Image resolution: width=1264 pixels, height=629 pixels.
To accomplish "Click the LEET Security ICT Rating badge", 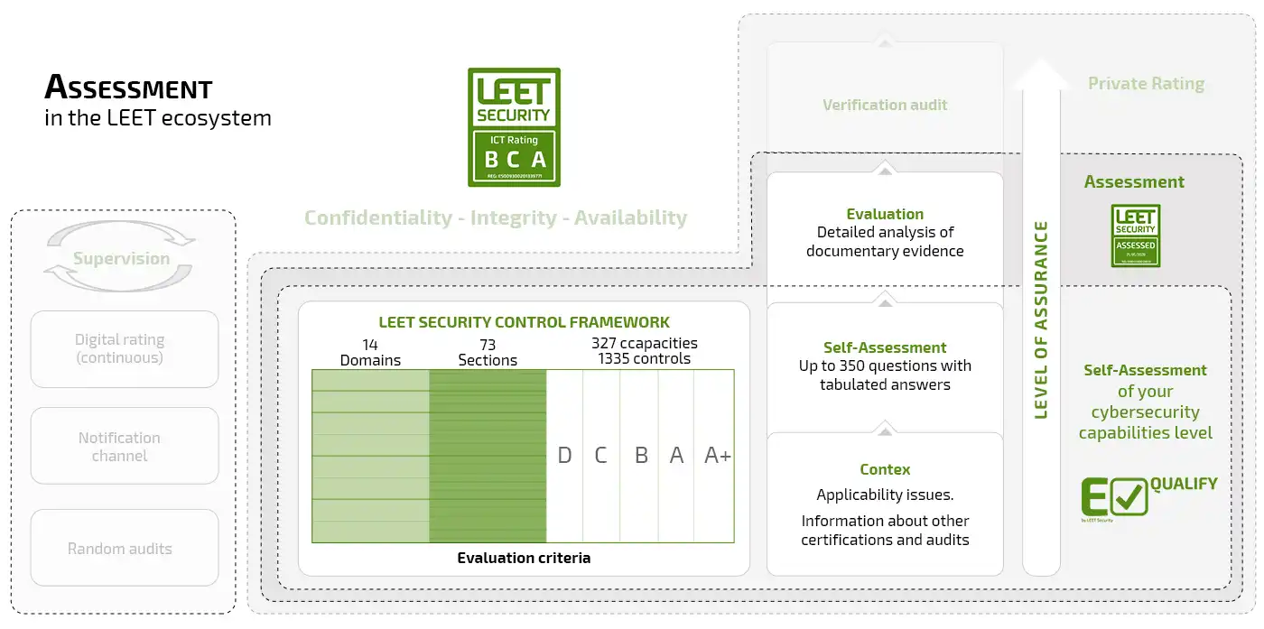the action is point(514,127).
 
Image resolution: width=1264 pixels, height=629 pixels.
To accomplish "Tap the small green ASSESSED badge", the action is point(1135,236).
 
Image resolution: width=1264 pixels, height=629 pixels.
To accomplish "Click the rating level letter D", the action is point(564,456).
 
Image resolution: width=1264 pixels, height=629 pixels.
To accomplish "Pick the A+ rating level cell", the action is point(718,456).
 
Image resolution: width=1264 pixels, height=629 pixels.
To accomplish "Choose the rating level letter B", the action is point(641,456).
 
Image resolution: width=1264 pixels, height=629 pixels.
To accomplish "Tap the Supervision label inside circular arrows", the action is point(121,259).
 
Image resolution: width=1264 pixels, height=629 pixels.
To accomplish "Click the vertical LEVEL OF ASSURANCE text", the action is point(1041,319).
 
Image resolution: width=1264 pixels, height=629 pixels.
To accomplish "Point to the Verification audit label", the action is point(885,105).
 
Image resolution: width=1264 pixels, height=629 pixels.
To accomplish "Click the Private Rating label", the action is point(1146,84).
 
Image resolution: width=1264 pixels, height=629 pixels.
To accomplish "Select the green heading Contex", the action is point(885,469).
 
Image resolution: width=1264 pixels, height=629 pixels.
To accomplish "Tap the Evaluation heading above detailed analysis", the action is point(885,214).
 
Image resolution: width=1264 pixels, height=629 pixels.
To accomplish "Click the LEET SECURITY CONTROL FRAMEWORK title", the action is point(524,322).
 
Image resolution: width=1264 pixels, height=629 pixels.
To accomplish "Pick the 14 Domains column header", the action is point(370,352).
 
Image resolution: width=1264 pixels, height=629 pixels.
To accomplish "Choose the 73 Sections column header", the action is point(488,352).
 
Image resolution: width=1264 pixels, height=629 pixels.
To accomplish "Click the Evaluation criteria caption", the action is point(524,558).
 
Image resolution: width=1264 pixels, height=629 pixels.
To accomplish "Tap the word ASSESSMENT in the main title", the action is point(128,88).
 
